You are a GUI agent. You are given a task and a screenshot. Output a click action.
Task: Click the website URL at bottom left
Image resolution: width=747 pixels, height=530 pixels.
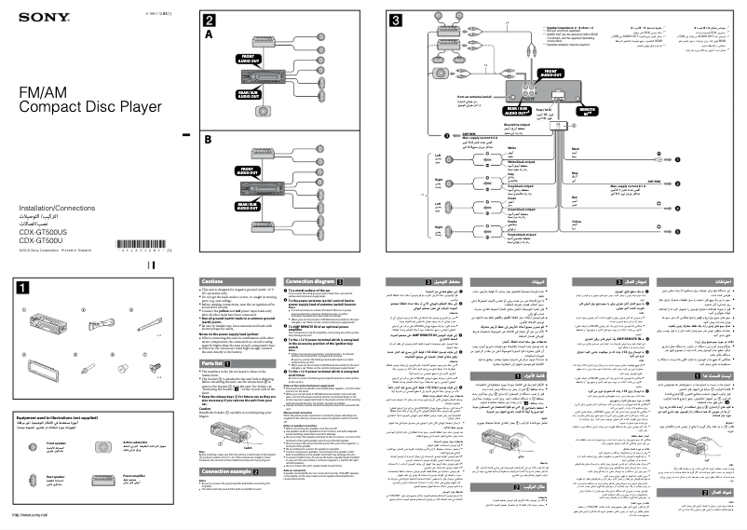[31, 515]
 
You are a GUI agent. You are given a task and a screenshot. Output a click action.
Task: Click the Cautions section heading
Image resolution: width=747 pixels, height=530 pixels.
[214, 280]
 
